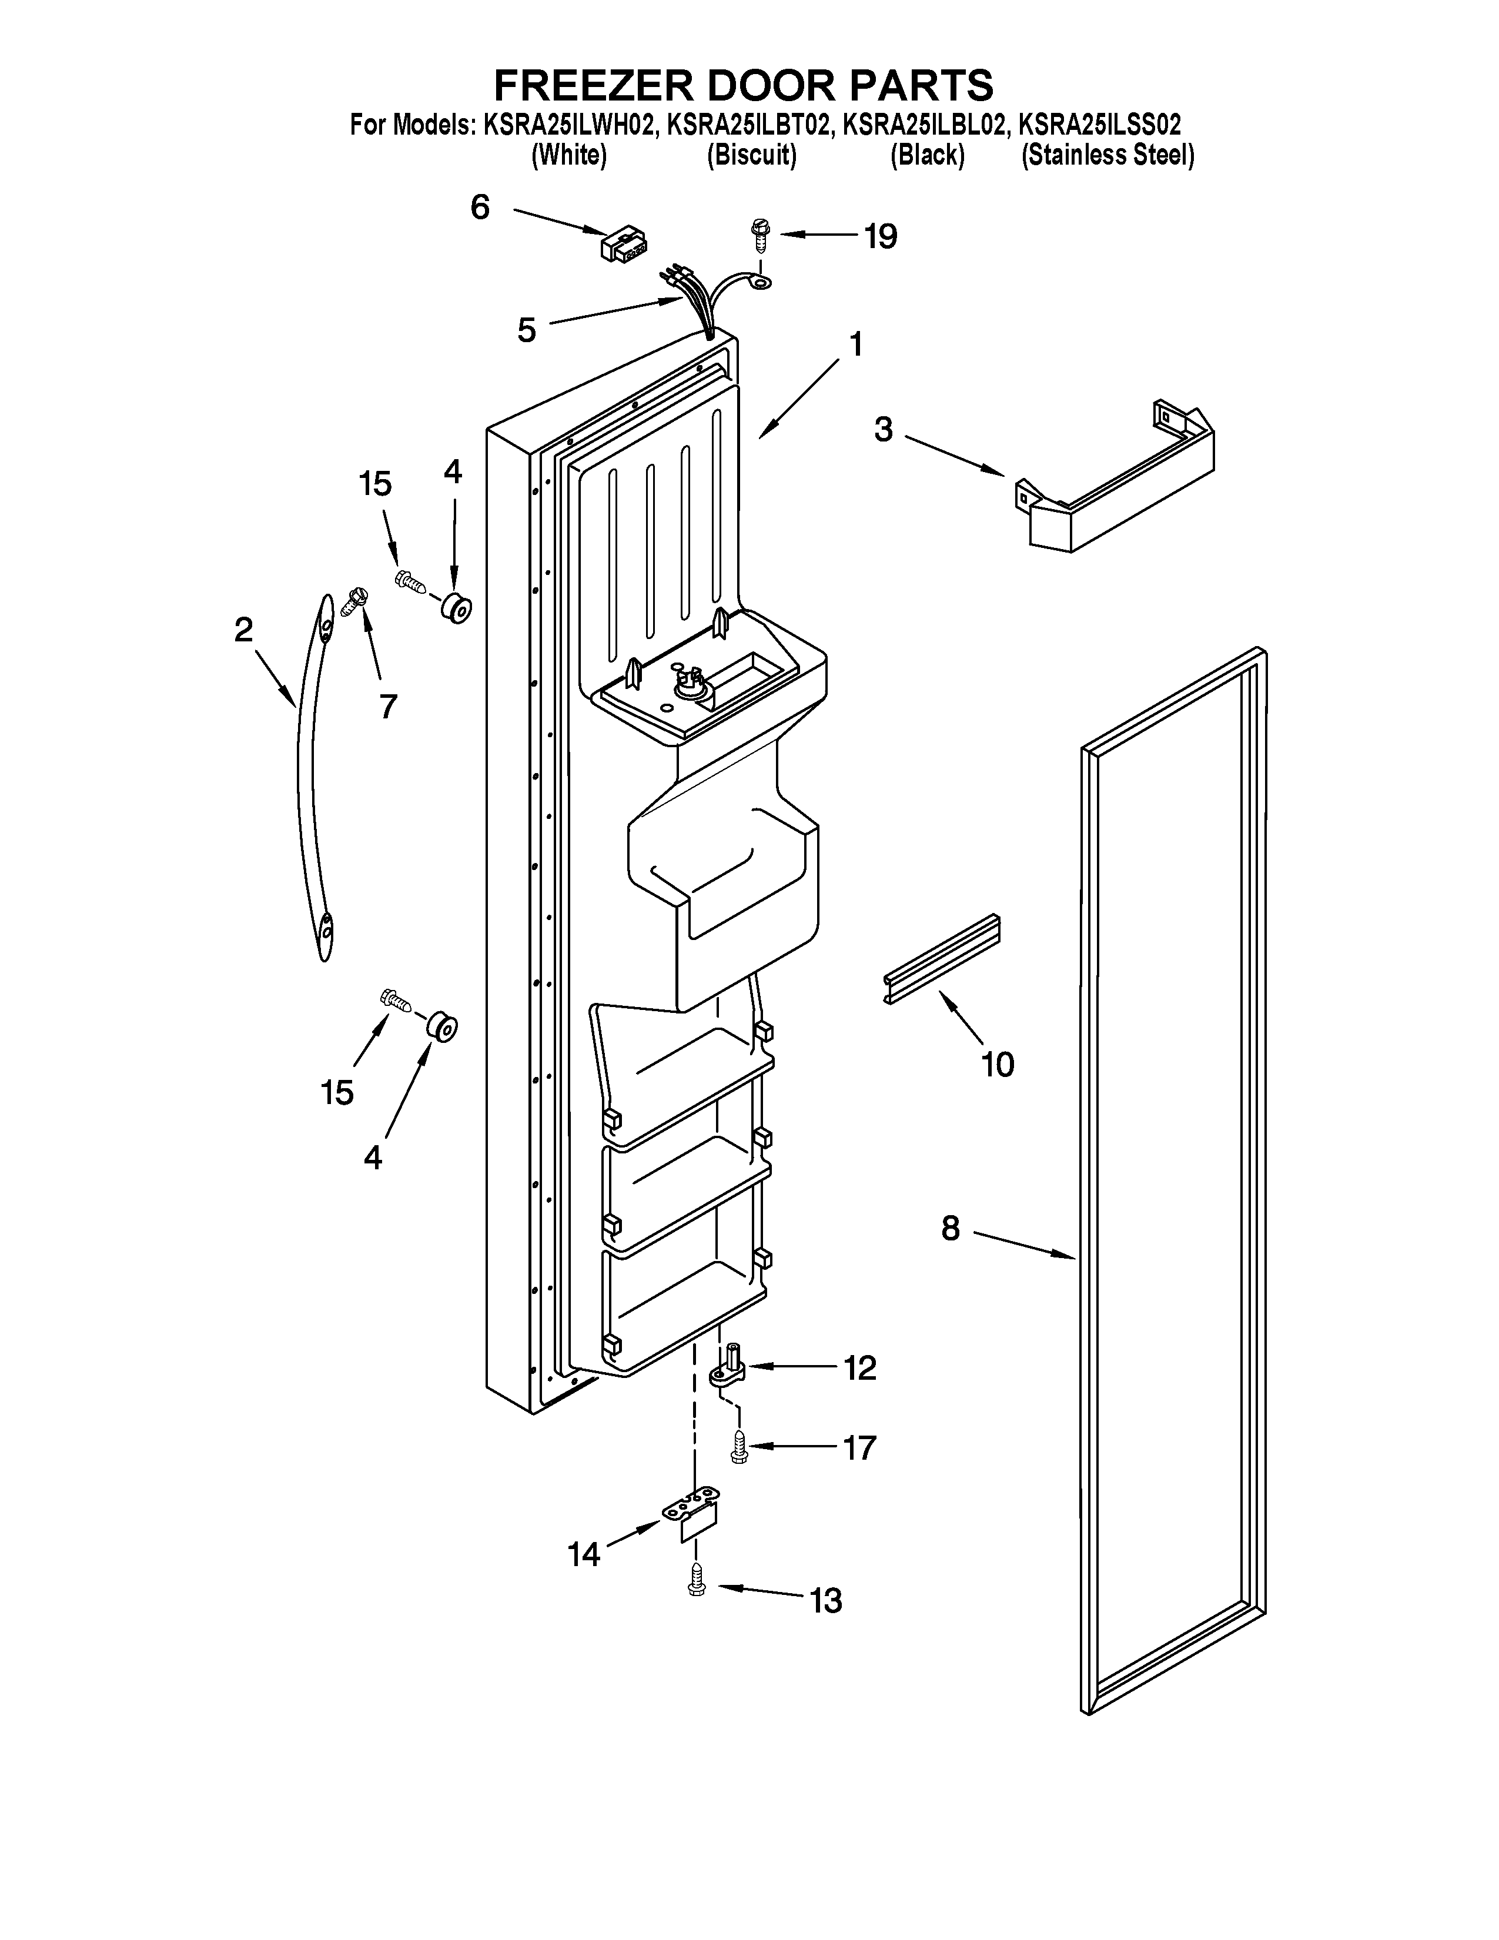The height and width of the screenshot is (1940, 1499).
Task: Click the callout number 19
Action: pos(881,236)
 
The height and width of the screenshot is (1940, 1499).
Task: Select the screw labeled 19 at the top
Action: pos(760,233)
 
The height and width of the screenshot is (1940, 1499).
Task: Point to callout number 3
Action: pos(884,430)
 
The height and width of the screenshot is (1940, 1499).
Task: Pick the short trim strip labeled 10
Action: pos(941,959)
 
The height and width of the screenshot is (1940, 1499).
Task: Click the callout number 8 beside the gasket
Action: pos(950,1229)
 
